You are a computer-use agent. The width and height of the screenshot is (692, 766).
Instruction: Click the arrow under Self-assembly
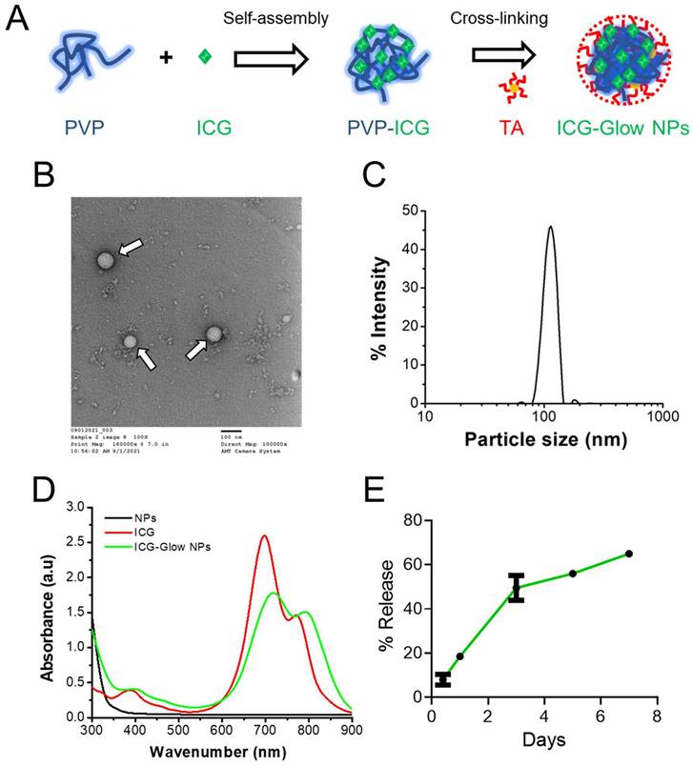272,59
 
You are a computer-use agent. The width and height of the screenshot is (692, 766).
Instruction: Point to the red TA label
512,126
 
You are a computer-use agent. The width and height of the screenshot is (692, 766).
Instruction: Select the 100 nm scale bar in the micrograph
229,431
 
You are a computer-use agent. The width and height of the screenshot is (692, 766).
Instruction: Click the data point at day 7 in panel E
629,554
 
